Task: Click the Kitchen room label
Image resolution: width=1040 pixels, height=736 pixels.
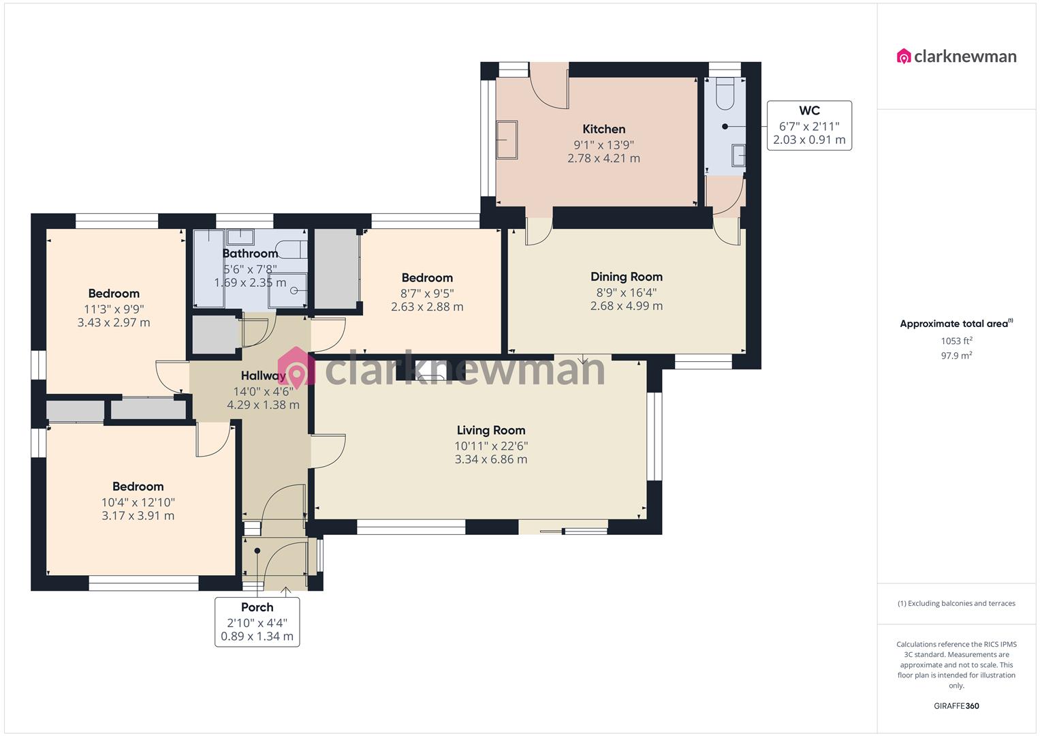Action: tap(603, 129)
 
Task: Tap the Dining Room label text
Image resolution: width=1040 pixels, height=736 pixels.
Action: tap(626, 277)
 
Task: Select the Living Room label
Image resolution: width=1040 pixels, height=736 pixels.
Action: tap(490, 430)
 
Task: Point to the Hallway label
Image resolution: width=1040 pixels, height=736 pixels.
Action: tap(263, 375)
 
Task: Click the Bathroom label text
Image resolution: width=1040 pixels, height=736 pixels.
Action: tap(250, 254)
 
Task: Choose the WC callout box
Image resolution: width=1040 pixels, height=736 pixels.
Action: tap(809, 125)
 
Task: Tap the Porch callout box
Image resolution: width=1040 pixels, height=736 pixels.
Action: tap(257, 622)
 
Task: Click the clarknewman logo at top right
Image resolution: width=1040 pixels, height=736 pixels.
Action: tap(956, 56)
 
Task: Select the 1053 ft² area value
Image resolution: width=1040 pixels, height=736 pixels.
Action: tap(956, 341)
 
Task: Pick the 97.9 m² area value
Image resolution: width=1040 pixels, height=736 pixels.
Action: tap(956, 355)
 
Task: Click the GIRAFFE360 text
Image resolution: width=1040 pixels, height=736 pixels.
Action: tap(956, 706)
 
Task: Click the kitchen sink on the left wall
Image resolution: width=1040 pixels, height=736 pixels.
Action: tap(507, 139)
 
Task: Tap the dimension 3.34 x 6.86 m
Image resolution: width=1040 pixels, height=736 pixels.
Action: tap(490, 459)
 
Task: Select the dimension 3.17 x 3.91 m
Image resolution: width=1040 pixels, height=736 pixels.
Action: tap(138, 516)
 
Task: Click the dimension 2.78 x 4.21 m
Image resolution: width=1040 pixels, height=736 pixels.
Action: tap(603, 158)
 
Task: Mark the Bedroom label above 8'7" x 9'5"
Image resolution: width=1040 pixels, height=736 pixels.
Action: tap(427, 277)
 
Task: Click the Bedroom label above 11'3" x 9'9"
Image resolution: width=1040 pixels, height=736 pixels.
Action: tap(114, 294)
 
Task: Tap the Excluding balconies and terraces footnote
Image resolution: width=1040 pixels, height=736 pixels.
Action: tap(956, 603)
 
